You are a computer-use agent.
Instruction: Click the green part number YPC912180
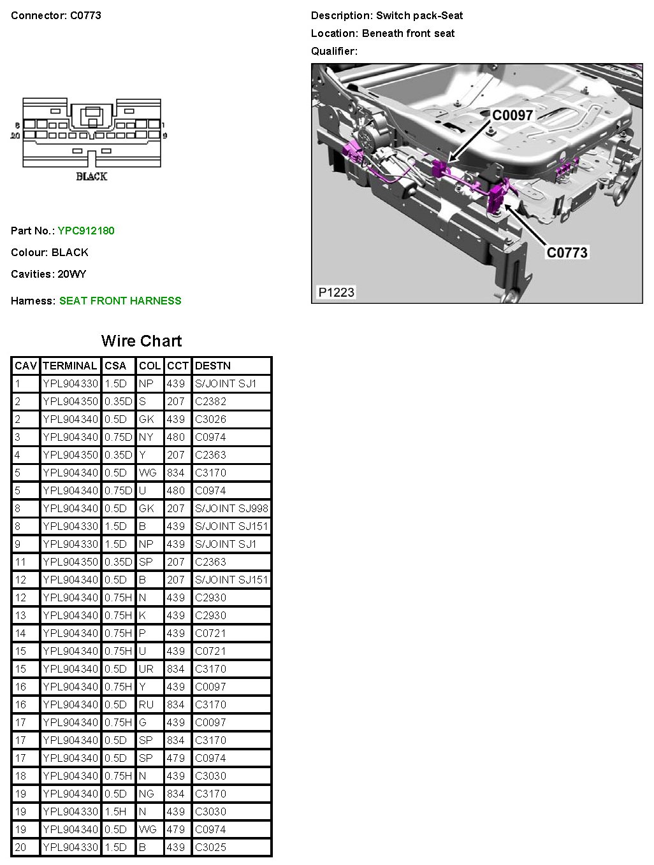click(86, 231)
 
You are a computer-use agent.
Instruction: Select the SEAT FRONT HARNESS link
click(120, 301)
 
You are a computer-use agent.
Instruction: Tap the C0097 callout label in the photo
click(512, 115)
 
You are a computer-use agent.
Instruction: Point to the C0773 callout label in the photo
click(567, 252)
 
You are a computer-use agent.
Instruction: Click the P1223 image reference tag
click(336, 292)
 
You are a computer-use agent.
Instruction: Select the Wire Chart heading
click(142, 341)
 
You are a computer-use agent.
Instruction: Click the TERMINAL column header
click(70, 366)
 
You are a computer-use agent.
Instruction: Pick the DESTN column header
click(213, 366)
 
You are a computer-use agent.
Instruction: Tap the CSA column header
click(115, 366)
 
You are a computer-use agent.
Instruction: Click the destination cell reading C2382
click(210, 401)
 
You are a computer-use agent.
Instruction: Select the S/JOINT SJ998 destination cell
click(231, 508)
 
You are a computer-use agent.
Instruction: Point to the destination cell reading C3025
click(210, 847)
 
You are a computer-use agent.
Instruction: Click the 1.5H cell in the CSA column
click(115, 811)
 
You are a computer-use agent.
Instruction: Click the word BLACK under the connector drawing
click(92, 176)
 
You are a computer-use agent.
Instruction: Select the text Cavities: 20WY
click(48, 274)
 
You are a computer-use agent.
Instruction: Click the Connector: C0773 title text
click(56, 15)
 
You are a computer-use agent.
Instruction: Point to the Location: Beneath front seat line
click(382, 33)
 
